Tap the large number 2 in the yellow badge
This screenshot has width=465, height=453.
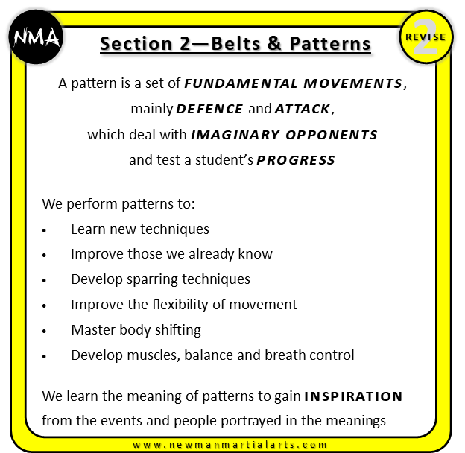pyautogui.click(x=425, y=43)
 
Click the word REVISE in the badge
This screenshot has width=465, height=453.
pyautogui.click(x=426, y=37)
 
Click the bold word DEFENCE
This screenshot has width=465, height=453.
pyautogui.click(x=209, y=110)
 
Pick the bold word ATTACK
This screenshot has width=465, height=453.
pyautogui.click(x=303, y=110)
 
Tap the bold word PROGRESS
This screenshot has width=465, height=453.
pyautogui.click(x=296, y=160)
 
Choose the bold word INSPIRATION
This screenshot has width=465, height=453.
pyautogui.click(x=354, y=396)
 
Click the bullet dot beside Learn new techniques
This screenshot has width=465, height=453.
pyautogui.click(x=46, y=231)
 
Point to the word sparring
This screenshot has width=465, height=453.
pyautogui.click(x=150, y=279)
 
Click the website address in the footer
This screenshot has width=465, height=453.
pyautogui.click(x=234, y=445)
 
